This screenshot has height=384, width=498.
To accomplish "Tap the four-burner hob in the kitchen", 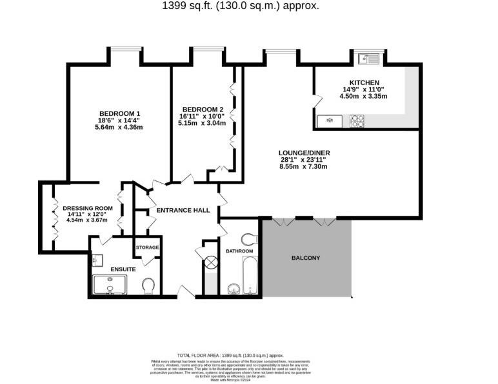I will point(357,120).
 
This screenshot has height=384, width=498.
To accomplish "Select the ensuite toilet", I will point(148,285).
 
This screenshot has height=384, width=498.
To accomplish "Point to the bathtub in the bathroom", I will point(249,276).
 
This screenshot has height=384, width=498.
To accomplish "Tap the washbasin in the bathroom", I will point(233,287).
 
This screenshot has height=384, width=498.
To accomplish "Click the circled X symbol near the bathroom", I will point(210,262).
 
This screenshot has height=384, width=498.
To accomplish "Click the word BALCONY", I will point(306,258).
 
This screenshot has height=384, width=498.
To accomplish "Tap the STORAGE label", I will point(147,247).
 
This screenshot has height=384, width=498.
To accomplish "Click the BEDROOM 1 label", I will point(119,113).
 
